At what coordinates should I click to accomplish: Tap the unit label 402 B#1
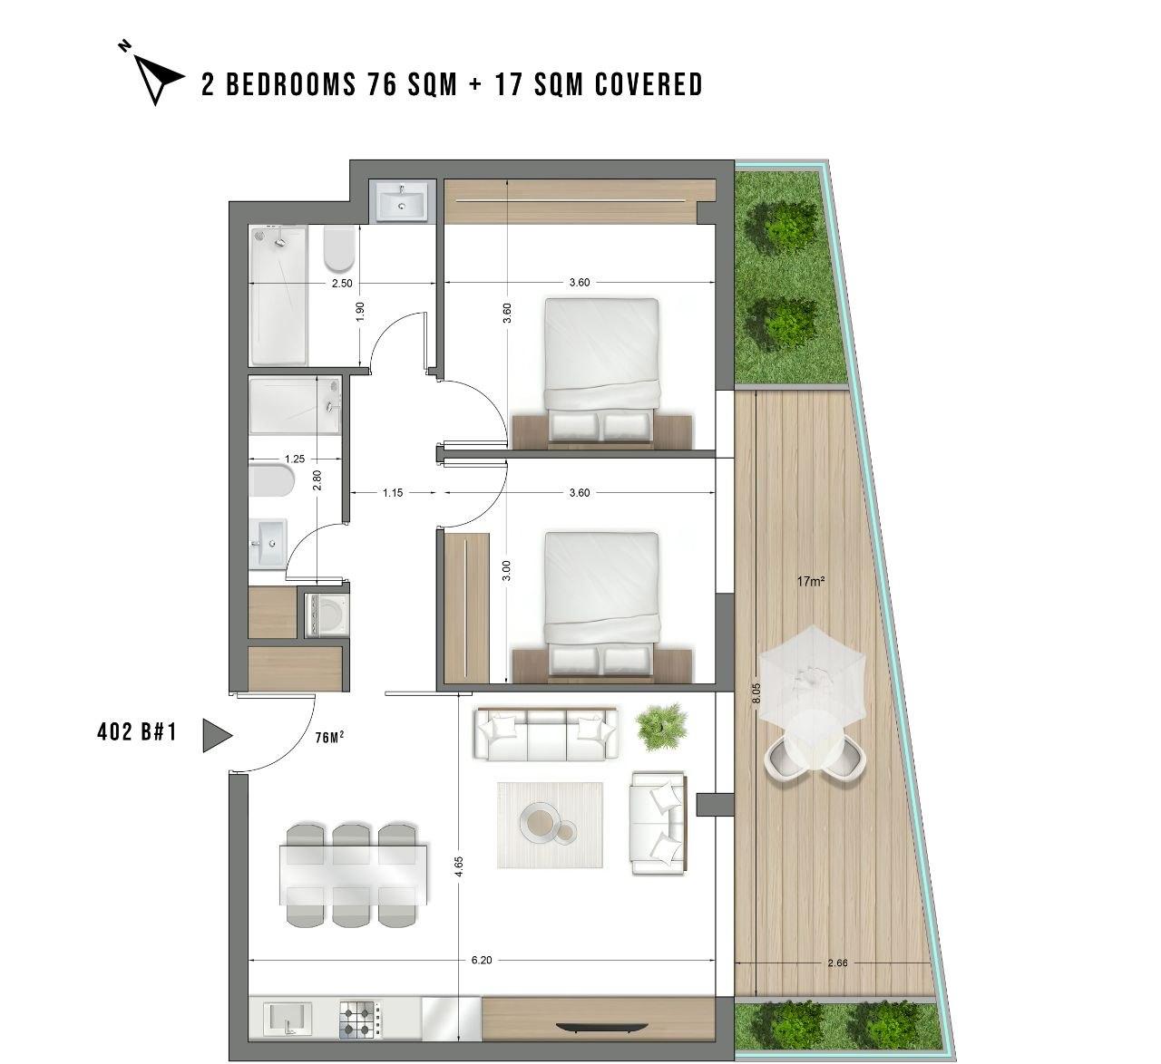click(x=137, y=732)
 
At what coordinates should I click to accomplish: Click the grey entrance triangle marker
click(x=217, y=735)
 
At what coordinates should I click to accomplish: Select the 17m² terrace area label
click(x=810, y=581)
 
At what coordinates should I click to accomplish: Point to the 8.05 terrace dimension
click(x=756, y=693)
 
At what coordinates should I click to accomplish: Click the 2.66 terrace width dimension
click(x=837, y=963)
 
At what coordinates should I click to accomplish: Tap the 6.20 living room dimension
click(x=482, y=961)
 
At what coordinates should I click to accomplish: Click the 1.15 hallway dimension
click(x=393, y=493)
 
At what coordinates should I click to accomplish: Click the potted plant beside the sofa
click(x=661, y=726)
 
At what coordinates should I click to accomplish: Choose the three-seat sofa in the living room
click(x=546, y=733)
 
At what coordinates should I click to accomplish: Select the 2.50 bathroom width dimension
click(x=342, y=284)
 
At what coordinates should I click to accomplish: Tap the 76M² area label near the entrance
click(x=330, y=737)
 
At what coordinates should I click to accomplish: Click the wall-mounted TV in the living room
click(x=602, y=1027)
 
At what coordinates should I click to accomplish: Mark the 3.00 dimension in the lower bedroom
click(x=507, y=571)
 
